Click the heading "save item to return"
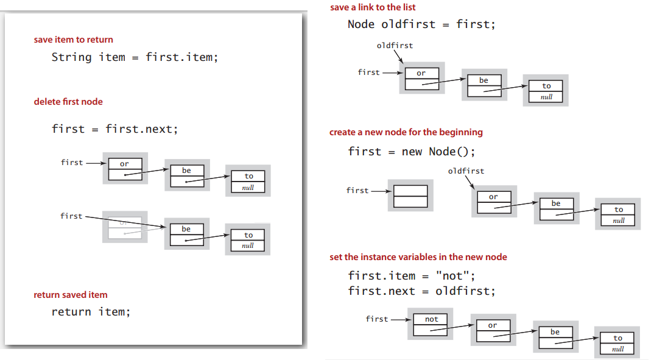pos(73,40)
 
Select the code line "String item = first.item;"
pos(135,57)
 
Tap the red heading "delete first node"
pos(68,102)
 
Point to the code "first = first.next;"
pos(114,129)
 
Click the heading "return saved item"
pos(71,295)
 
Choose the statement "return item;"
pos(91,312)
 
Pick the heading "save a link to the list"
pos(373,7)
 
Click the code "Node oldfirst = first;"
pos(421,24)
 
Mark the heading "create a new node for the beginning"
pos(406,132)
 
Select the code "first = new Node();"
pos(412,152)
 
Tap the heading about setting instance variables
pos(418,257)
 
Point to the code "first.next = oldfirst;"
pos(421,291)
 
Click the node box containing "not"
pos(431,325)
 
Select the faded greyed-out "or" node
pos(124,227)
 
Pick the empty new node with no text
pos(410,196)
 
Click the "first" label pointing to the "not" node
pos(376,319)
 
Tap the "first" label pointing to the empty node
pos(357,191)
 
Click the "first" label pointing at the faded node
pos(71,216)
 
